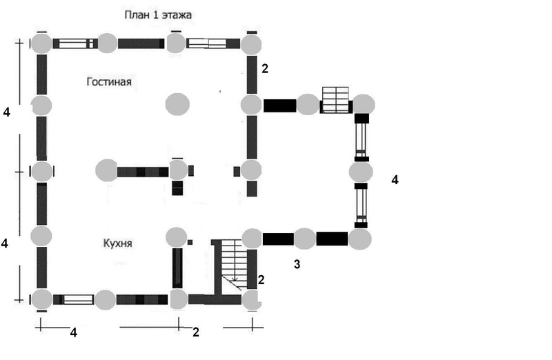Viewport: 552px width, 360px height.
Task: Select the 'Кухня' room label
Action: [118, 243]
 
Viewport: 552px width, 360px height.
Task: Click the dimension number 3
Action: [297, 263]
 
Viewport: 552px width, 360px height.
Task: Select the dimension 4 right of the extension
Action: [395, 180]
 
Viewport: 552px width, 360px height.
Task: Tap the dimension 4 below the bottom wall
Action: [74, 332]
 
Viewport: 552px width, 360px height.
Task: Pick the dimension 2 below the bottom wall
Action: [195, 332]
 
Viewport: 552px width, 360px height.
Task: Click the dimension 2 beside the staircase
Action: [261, 279]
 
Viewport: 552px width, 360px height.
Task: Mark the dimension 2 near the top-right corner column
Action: [264, 68]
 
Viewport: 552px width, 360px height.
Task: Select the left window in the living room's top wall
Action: [75, 43]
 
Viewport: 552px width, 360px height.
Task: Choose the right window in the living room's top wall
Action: [208, 43]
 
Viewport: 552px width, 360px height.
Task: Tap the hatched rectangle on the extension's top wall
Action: [336, 100]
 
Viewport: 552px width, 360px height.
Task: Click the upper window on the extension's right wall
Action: [362, 137]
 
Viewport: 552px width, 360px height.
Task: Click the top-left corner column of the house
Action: [41, 43]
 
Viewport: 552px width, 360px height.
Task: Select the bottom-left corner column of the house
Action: [41, 300]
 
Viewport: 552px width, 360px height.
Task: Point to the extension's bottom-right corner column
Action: [359, 239]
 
